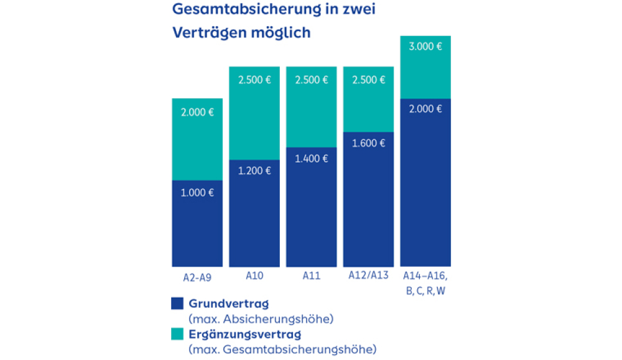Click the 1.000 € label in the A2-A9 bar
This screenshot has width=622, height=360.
point(197,193)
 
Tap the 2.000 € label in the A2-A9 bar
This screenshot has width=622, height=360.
point(197,113)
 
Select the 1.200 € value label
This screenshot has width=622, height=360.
point(254,171)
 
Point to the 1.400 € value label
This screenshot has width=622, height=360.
point(311,159)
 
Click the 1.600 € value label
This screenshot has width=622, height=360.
point(368,143)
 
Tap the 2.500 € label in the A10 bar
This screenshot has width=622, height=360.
point(254,80)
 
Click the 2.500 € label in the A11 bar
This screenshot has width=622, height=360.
point(311,80)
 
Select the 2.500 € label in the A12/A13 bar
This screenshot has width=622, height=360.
point(368,80)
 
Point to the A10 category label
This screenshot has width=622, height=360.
point(254,275)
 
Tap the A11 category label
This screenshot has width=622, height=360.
point(311,275)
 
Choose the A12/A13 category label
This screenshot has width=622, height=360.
point(368,275)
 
